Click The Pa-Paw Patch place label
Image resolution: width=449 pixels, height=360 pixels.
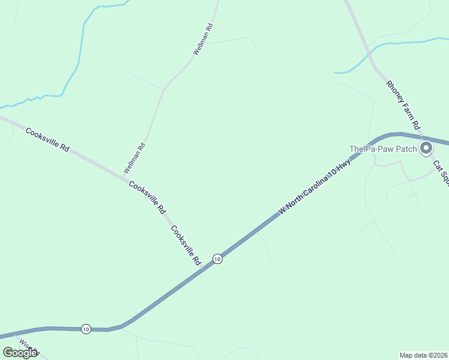[384, 149]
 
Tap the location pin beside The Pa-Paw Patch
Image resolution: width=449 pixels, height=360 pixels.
[426, 148]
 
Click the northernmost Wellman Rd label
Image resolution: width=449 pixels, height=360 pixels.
[203, 40]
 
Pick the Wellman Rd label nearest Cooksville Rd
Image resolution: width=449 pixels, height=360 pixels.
[134, 158]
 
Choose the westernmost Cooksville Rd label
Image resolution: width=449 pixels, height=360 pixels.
[47, 139]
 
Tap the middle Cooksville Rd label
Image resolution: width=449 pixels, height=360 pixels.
[147, 197]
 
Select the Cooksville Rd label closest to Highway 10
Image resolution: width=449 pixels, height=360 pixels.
[185, 245]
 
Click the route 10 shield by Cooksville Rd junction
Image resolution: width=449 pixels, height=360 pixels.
[217, 259]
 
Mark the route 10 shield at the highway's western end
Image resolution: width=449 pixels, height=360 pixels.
[86, 329]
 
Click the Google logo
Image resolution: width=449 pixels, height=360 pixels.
[20, 353]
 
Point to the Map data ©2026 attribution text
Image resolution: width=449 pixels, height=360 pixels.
[423, 355]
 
